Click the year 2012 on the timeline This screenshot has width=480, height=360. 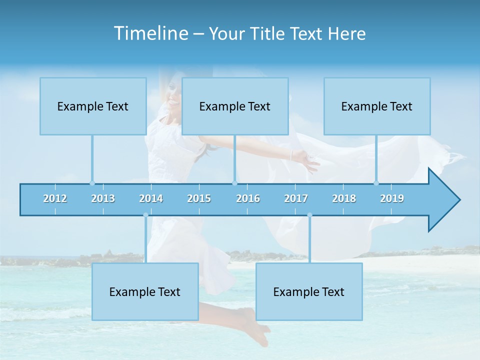[x=55, y=198]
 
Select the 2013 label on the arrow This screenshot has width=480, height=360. [x=103, y=198]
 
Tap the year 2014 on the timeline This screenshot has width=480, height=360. [x=151, y=198]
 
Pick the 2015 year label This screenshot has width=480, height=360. [x=199, y=198]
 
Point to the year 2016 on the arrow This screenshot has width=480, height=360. [x=248, y=198]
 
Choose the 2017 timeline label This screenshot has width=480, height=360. [x=296, y=198]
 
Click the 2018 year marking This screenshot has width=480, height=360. [x=344, y=198]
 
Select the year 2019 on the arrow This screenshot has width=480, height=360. [x=392, y=198]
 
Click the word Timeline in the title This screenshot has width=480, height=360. [x=150, y=33]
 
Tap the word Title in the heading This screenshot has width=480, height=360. [x=268, y=34]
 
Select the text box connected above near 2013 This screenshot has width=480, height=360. [x=93, y=106]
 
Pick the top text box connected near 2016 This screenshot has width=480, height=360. [x=235, y=106]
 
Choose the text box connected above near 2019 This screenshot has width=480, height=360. [x=377, y=106]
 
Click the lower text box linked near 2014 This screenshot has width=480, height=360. [x=145, y=291]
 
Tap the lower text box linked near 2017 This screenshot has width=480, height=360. [x=309, y=291]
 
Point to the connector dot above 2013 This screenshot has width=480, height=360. [x=92, y=183]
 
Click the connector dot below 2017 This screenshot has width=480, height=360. [x=309, y=215]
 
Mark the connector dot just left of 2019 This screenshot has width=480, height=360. [x=376, y=183]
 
